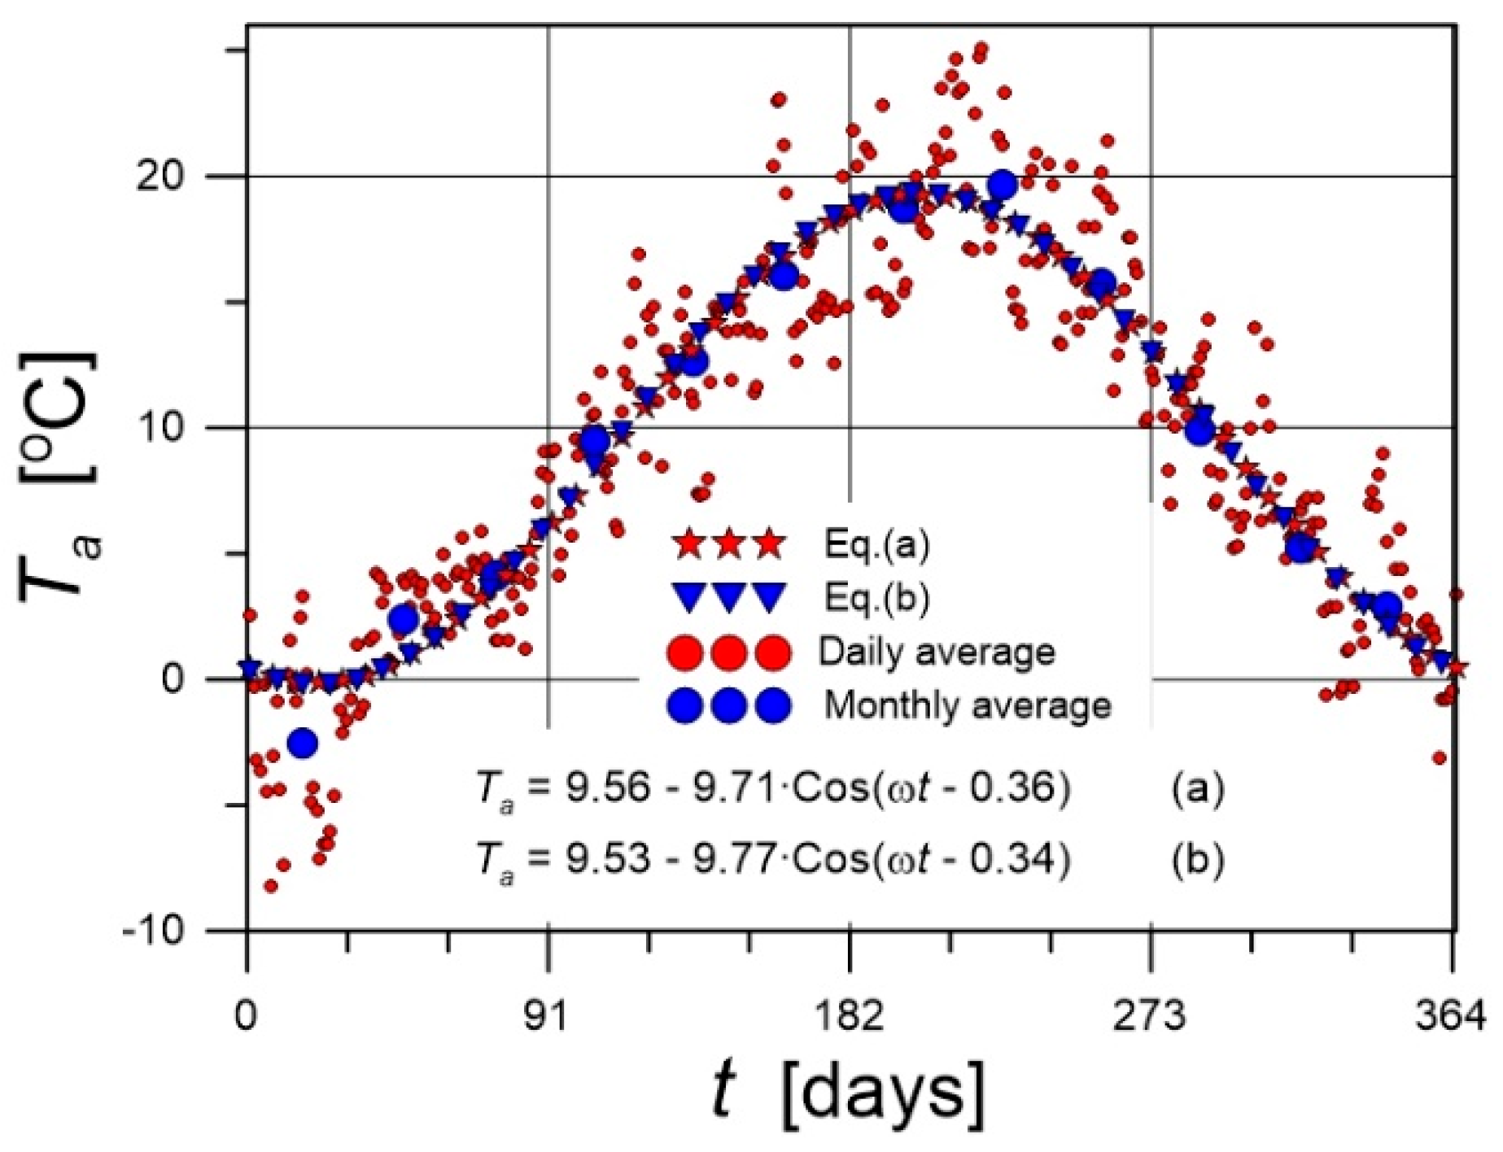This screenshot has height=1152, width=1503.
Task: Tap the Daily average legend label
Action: pyautogui.click(x=937, y=652)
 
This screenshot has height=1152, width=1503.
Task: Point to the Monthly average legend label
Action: pyautogui.click(x=968, y=705)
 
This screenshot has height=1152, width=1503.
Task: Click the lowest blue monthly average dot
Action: pyautogui.click(x=303, y=743)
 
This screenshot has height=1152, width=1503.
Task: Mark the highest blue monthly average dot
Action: pyautogui.click(x=1003, y=185)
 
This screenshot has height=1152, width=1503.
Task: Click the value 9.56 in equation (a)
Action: pyautogui.click(x=608, y=788)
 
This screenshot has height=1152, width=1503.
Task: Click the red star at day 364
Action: pyautogui.click(x=1455, y=668)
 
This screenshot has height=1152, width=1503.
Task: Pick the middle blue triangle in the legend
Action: pyautogui.click(x=729, y=598)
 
